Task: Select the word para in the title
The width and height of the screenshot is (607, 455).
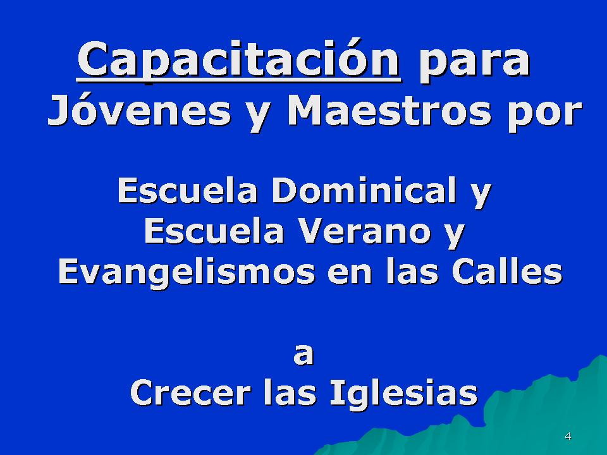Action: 475,64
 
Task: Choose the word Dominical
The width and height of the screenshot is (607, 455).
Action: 364,190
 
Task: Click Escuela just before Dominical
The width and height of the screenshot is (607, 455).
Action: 187,190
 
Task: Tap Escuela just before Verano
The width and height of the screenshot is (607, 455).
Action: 214,231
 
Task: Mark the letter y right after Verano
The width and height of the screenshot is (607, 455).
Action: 455,236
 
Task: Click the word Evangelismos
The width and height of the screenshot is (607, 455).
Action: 187,273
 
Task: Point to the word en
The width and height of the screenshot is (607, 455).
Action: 350,275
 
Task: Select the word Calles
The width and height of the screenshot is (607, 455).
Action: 507,272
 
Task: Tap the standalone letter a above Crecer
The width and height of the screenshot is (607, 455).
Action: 303,355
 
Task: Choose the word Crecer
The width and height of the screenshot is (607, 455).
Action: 191,392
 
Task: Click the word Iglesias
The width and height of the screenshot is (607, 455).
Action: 404,394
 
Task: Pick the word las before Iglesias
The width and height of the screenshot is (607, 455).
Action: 290,392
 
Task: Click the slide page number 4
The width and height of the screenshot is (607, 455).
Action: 568,437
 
